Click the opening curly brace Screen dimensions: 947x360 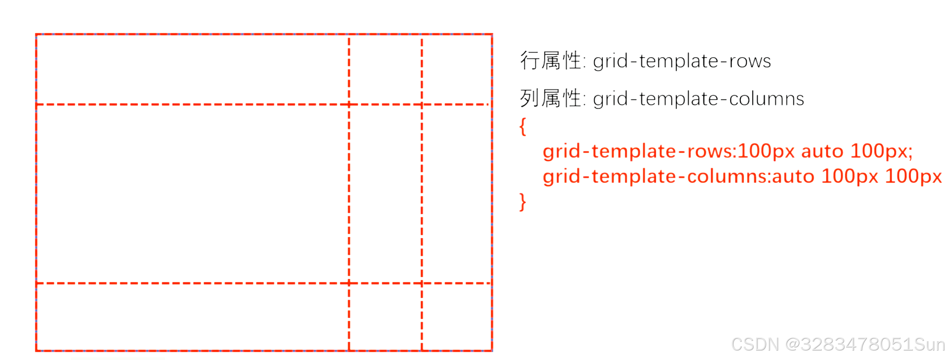coord(522,127)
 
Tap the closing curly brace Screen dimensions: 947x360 coord(522,202)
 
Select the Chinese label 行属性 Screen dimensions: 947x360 coord(551,61)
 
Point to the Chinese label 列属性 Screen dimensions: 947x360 coord(551,98)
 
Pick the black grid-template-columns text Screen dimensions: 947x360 coord(698,99)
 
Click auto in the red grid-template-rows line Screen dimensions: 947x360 coord(822,151)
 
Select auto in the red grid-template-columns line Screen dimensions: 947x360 coord(793,176)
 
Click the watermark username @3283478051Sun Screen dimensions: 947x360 coord(865,345)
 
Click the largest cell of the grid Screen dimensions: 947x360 coord(192,194)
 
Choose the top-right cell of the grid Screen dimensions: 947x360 coord(457,69)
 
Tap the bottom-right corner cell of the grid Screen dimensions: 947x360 coord(457,316)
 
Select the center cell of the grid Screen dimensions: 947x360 coord(385,194)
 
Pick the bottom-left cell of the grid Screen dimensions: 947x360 coord(192,316)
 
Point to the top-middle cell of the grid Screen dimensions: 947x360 coord(385,69)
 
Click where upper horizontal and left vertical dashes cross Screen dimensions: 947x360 coord(349,105)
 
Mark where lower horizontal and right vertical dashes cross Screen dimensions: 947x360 coord(422,283)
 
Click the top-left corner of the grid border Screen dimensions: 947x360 coord(36,35)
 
